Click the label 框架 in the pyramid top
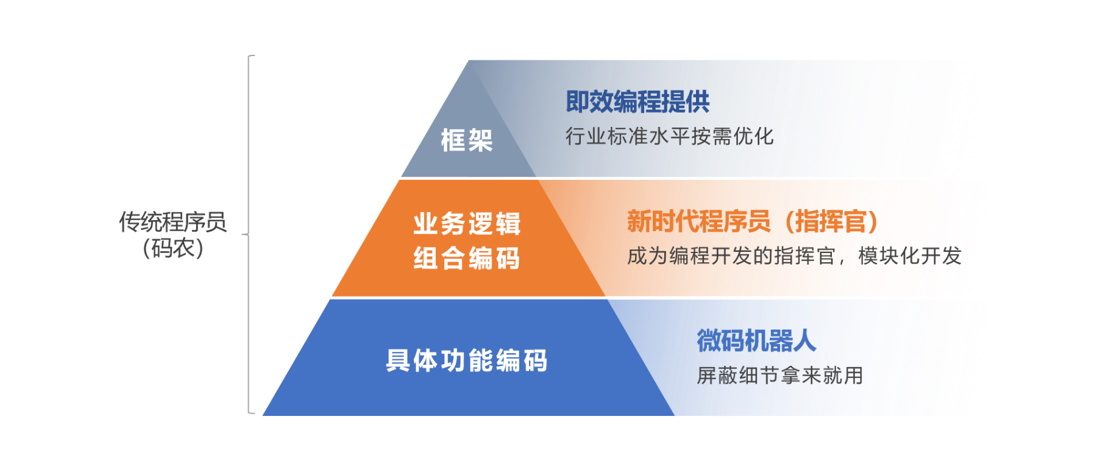pos(467,140)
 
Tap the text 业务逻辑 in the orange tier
pos(467,224)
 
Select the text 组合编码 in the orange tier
pos(467,258)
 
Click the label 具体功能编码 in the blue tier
pos(467,360)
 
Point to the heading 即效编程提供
pos(637,102)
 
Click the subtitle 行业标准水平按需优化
pos(669,136)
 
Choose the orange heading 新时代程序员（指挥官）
pos(753,221)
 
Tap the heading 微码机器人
pos(756,340)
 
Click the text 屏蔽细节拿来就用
pos(780,375)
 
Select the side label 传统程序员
pos(172,222)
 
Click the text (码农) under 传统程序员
pos(172,248)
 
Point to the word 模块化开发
pos(909,256)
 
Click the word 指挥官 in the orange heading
pos(831,221)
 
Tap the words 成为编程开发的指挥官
pos(731,256)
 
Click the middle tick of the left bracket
pos(245,234)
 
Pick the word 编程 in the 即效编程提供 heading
pos(637,102)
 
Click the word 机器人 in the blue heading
pos(780,340)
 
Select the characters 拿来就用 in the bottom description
pos(822,375)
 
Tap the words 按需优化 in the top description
pos(733,136)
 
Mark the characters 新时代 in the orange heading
pos(663,221)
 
